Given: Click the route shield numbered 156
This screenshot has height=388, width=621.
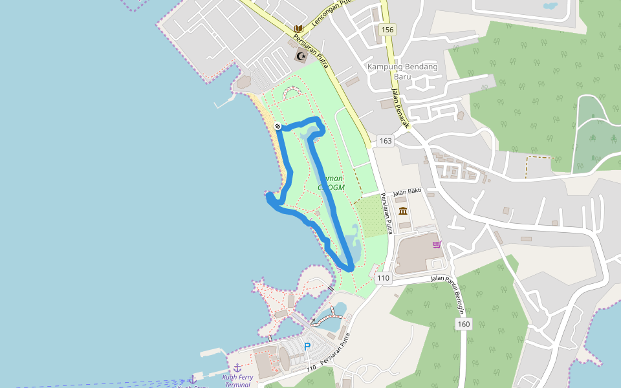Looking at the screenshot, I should (387, 30).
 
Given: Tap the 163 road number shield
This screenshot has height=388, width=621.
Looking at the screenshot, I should (386, 141).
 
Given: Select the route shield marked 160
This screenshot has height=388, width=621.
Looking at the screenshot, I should (463, 324).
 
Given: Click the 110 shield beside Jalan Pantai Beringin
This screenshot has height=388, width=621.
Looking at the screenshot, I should (383, 278).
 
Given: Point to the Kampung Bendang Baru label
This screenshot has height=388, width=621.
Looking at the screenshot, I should (402, 71).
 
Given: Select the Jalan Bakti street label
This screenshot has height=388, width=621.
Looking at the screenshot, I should (407, 191).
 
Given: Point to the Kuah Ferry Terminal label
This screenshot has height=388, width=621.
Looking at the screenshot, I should (237, 380).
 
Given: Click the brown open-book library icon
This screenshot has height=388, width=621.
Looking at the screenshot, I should (299, 29).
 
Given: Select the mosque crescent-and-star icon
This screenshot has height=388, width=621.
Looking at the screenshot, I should (300, 56).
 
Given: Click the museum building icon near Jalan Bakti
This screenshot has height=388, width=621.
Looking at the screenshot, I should (403, 211).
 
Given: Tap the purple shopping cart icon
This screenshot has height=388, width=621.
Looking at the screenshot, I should (437, 244).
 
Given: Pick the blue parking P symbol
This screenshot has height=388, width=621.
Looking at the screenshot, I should (307, 346).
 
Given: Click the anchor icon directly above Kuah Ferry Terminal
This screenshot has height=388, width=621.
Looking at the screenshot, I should (237, 367).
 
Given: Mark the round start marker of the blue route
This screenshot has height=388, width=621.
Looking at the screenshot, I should (277, 126).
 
